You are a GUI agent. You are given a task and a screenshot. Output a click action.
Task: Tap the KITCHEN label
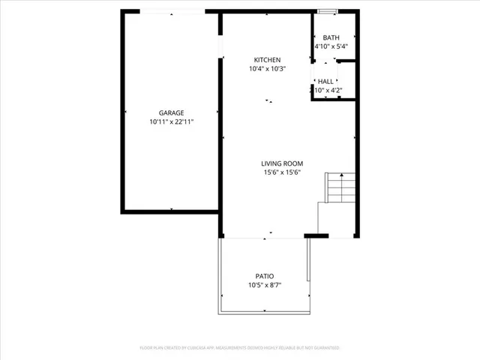tap(267, 60)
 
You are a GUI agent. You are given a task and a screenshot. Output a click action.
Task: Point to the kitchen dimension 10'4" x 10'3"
tap(267, 69)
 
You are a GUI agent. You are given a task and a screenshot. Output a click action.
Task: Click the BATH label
tap(331, 37)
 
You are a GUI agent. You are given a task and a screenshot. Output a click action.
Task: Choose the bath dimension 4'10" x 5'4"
tap(331, 46)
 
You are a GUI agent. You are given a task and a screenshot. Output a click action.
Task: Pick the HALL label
tap(326, 82)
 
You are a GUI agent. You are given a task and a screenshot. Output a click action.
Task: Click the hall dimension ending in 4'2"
tap(328, 91)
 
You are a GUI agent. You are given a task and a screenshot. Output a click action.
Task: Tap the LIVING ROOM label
tap(281, 163)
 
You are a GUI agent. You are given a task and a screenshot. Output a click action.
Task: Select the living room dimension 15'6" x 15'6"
tap(281, 172)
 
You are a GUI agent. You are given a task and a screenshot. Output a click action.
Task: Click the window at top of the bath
tap(327, 11)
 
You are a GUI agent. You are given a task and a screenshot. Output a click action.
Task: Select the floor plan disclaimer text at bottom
tap(240, 348)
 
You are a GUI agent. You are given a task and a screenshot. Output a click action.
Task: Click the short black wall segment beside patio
tap(316, 236)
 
